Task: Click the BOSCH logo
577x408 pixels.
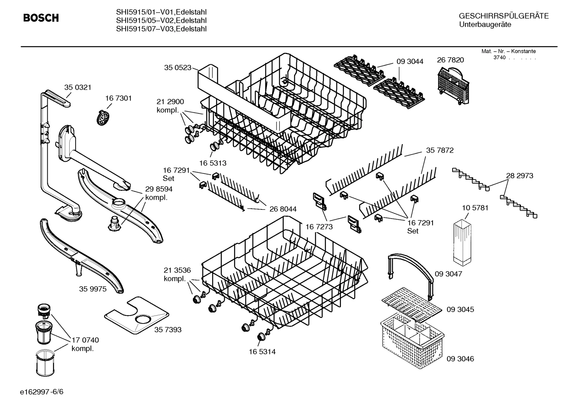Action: tap(41, 18)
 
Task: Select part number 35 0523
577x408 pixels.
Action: tap(177, 68)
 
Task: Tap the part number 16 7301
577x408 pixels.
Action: tap(118, 98)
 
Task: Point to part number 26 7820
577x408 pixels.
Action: tap(450, 60)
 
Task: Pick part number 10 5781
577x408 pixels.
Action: tap(475, 208)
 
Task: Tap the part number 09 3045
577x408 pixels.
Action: tap(460, 310)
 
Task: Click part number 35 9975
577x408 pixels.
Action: tap(93, 289)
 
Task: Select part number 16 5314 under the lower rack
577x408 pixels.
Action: tap(262, 352)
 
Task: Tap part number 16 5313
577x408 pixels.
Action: tap(212, 163)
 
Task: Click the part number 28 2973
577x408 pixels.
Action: tap(519, 175)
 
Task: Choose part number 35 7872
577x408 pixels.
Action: tap(439, 150)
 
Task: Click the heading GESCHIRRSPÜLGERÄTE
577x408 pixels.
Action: tap(503, 16)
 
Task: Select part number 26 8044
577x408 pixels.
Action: tap(283, 209)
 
